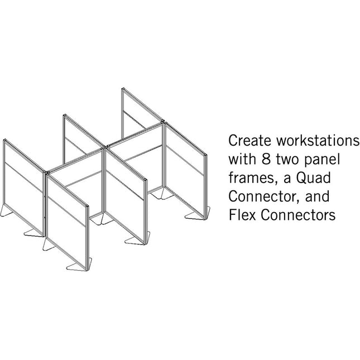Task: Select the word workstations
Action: click(x=318, y=140)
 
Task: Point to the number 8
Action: click(x=266, y=159)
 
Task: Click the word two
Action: click(x=287, y=159)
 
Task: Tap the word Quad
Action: click(x=313, y=177)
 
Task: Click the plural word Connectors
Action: click(x=298, y=215)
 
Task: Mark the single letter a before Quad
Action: click(x=287, y=179)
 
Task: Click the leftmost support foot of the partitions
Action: click(x=6, y=210)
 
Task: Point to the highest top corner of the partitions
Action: click(x=123, y=89)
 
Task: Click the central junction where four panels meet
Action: click(x=104, y=148)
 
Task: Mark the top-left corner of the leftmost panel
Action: click(x=4, y=140)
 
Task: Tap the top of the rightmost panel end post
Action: click(x=206, y=155)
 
